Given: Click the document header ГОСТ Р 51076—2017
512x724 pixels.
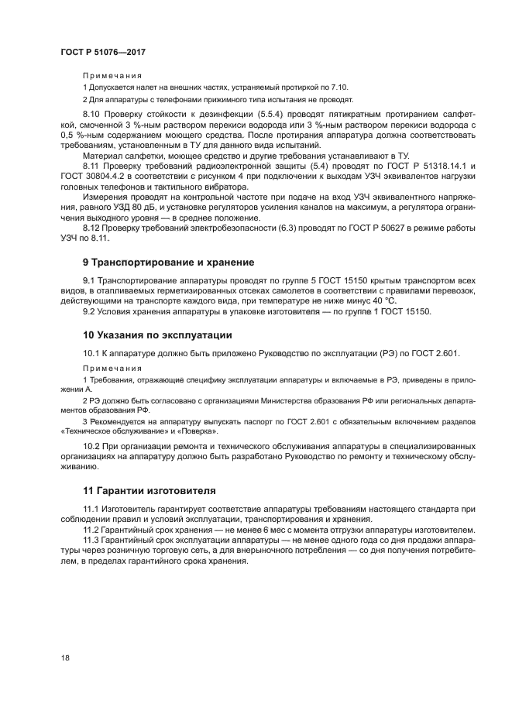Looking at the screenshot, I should pos(103,51).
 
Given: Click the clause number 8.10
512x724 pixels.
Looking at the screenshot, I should pos(92,115).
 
